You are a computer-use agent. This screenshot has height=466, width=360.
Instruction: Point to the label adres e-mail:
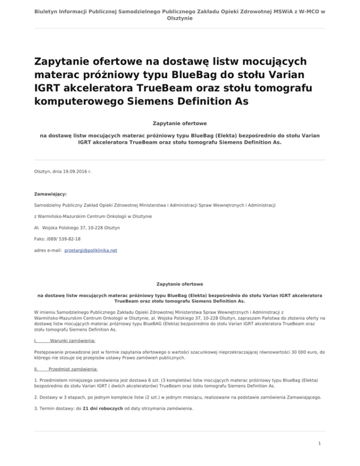tap(48, 250)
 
